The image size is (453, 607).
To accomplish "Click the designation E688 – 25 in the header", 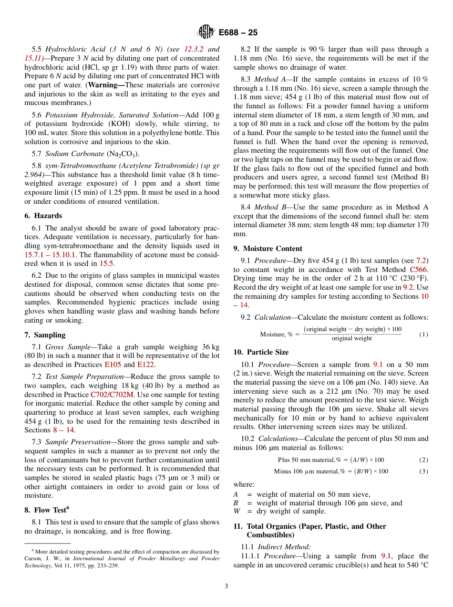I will coord(238,32).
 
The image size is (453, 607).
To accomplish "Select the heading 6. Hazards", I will coord(43,216).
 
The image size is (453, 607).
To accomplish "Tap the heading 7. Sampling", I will coord(45,335).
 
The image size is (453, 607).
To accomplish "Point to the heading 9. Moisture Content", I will coord(268,248).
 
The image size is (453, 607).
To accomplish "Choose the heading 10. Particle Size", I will coord(261,352).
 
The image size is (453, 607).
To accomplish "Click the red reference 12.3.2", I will coord(194,49).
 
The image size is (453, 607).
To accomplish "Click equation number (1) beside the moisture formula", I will coord(423,334).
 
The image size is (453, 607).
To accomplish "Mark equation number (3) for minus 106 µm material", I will coord(423,471).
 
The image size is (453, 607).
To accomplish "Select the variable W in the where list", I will coord(237,511).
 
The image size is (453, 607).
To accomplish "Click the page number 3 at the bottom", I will coord(226,586).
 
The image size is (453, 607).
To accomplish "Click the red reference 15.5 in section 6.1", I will coord(106,263).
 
